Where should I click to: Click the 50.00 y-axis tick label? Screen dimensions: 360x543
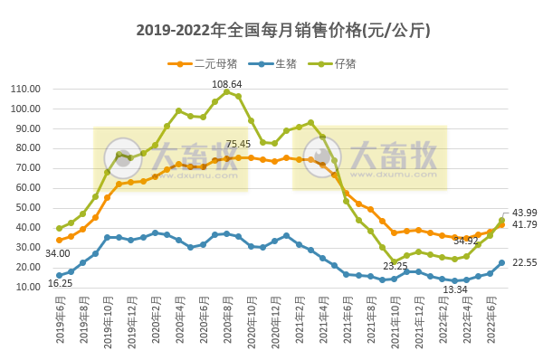click(x=27, y=207)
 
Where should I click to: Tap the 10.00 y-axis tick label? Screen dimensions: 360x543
click(x=27, y=287)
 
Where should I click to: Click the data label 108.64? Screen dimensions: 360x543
click(x=227, y=84)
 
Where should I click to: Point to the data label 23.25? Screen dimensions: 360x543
click(x=395, y=267)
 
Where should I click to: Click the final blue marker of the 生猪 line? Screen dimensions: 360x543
click(x=501, y=263)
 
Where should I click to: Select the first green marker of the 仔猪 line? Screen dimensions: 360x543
click(x=59, y=228)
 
